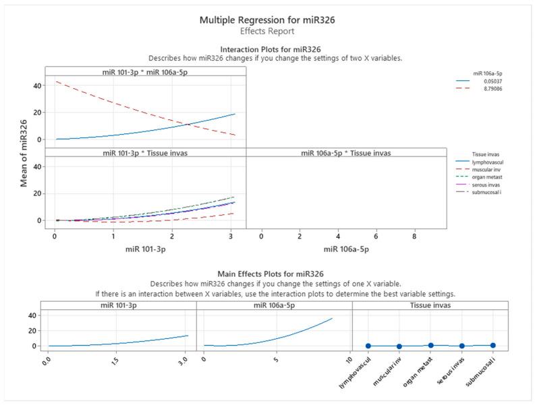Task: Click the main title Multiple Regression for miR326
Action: [x=267, y=20]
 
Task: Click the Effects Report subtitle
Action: [x=267, y=31]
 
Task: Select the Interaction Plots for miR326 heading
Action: [x=267, y=49]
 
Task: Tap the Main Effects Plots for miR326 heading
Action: [x=267, y=274]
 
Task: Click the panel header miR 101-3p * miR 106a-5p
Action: [x=146, y=71]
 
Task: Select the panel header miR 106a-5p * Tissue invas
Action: [x=346, y=152]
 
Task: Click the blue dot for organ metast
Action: [x=430, y=345]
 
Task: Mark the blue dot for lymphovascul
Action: [x=368, y=346]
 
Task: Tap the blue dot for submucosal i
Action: [x=493, y=345]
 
